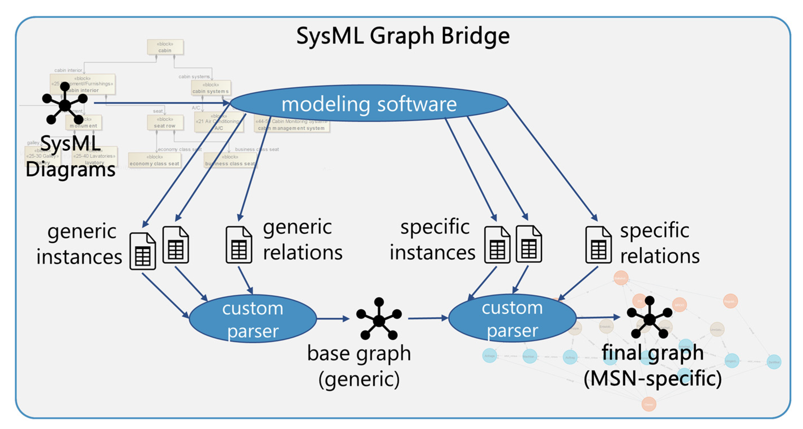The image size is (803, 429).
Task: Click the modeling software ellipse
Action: coord(369,103)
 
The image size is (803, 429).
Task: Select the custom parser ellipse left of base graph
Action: coord(252,319)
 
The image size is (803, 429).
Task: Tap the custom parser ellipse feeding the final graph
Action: coord(512,318)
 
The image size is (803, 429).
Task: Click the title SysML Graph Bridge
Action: coord(403,36)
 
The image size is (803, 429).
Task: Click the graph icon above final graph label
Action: coord(650,318)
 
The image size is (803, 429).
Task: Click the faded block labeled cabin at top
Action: coord(165,47)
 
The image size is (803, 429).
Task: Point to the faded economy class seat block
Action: coord(154,160)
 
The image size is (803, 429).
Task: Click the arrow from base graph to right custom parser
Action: coord(428,318)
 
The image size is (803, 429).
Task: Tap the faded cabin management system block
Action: coord(292,125)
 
